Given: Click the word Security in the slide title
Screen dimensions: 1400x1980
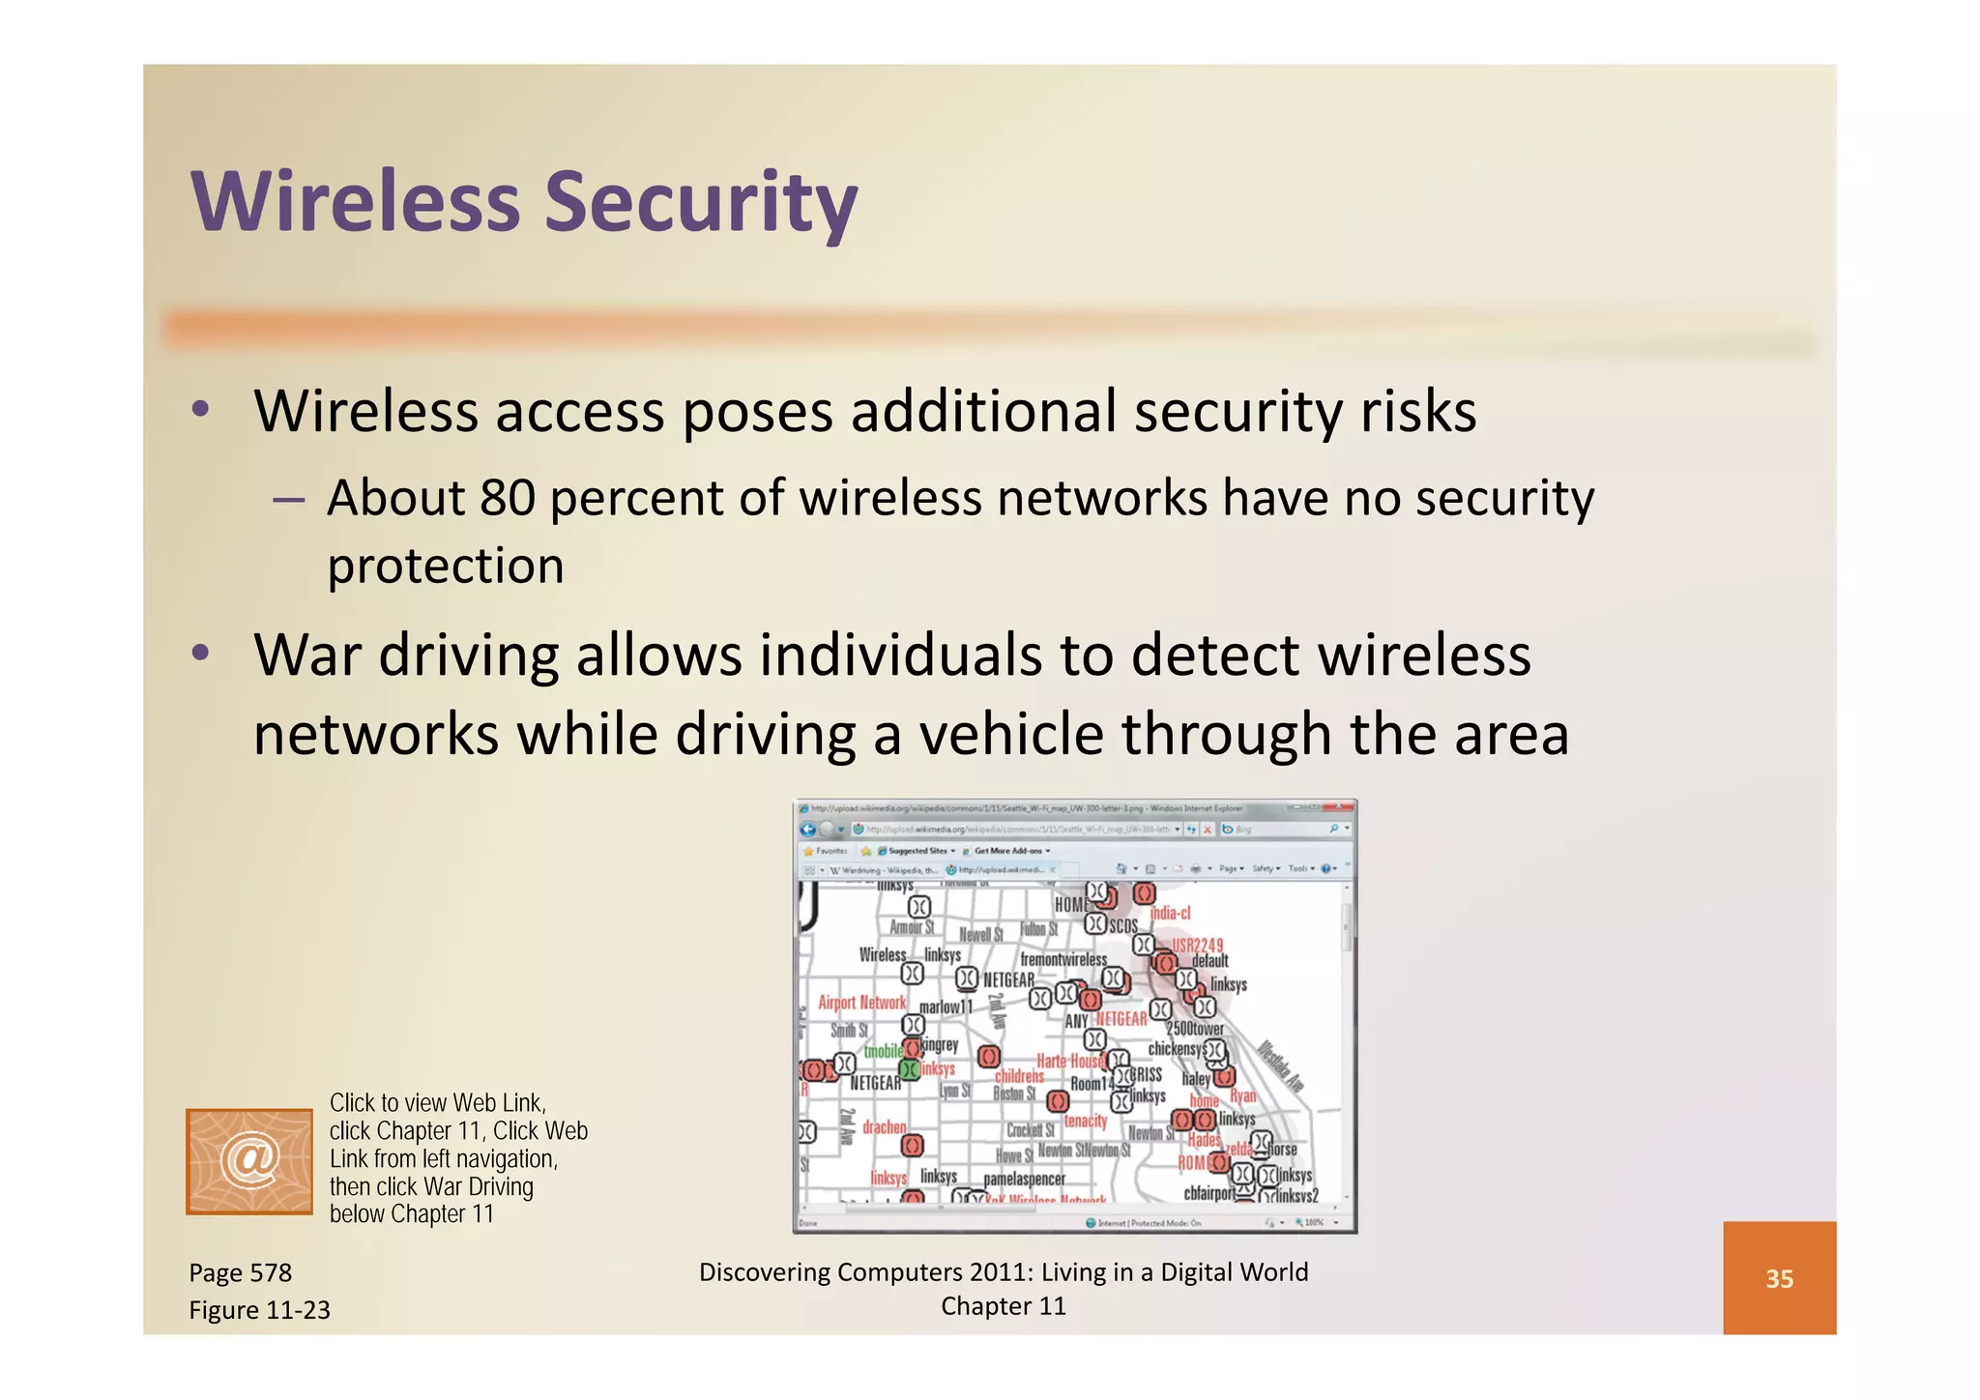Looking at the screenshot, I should click(701, 203).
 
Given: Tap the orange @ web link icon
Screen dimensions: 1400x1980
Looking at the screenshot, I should click(249, 1161).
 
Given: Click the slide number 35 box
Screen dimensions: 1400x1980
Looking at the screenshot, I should click(1779, 1278).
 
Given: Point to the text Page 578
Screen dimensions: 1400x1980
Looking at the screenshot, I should click(241, 1272).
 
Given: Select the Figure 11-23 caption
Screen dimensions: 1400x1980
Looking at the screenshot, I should click(259, 1310).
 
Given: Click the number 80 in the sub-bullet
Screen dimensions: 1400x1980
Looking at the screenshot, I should click(508, 498).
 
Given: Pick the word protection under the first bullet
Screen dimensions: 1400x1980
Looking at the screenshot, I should click(446, 566).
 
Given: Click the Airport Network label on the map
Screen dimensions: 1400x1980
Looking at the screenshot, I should click(862, 1003).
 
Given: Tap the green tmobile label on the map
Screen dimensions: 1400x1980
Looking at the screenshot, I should click(883, 1051).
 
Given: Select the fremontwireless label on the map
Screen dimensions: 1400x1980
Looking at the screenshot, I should click(1063, 959).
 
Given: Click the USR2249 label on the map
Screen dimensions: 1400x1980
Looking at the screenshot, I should click(1198, 945).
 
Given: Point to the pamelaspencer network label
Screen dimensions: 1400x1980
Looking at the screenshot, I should click(1024, 1179).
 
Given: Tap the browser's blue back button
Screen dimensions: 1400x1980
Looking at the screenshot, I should click(808, 830).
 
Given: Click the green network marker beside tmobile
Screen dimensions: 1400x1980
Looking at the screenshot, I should click(909, 1069).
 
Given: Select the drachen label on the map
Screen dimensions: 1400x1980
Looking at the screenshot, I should click(884, 1127).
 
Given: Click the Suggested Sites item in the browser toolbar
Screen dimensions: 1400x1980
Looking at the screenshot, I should click(917, 851).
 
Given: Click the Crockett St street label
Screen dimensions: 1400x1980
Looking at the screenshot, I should click(1030, 1130).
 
